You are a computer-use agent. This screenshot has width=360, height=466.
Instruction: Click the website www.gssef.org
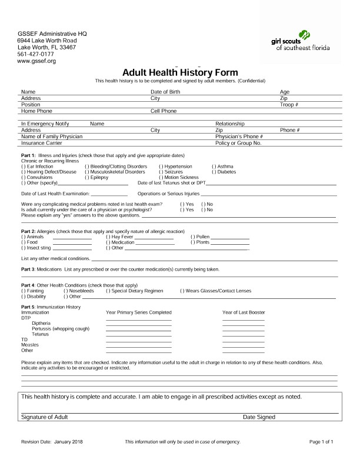coord(36,61)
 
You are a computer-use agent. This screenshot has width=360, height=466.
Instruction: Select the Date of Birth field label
coord(165,92)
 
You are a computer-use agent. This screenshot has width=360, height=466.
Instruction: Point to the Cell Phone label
coord(164,111)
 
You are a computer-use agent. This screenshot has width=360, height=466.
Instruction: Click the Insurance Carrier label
coord(42,143)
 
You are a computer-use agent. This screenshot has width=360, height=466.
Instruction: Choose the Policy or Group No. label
coord(238,143)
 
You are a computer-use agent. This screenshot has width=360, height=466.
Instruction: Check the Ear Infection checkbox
coord(23,167)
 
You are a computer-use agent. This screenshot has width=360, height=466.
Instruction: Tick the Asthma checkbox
coord(214,167)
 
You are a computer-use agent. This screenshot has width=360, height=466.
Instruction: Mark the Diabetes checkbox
coord(214,172)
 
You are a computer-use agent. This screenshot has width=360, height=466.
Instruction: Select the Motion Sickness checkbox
coord(161,177)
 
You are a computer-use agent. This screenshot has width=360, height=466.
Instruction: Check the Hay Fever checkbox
coord(108,237)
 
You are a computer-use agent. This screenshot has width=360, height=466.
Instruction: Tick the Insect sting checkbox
coord(23,248)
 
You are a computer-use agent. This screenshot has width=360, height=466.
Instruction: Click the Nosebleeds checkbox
coord(65,291)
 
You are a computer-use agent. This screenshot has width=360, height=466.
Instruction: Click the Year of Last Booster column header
coord(244,312)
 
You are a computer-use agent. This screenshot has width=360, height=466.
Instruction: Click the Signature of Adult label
coord(44,417)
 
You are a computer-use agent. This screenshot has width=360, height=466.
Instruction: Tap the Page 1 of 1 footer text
coord(321,441)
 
